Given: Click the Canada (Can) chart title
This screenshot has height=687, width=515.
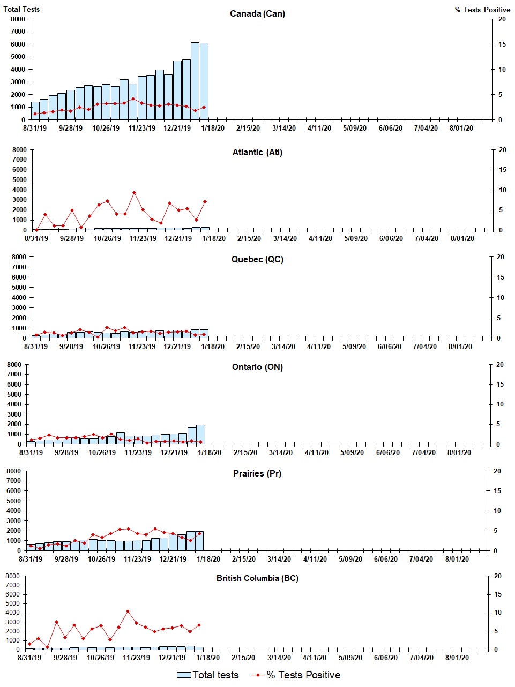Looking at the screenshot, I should pyautogui.click(x=257, y=14).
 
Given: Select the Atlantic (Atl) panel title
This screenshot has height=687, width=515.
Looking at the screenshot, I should pyautogui.click(x=257, y=153).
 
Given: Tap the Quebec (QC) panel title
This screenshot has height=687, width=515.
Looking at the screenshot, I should pyautogui.click(x=257, y=260).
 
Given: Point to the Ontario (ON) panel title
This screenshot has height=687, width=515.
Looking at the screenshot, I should pyautogui.click(x=257, y=367).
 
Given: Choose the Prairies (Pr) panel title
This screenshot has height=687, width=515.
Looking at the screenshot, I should pyautogui.click(x=257, y=474).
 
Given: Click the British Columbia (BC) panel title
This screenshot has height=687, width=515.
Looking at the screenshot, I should pyautogui.click(x=257, y=578).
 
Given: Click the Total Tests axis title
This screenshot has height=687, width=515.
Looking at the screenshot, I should pyautogui.click(x=21, y=9).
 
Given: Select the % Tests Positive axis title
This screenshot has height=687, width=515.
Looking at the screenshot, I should pyautogui.click(x=482, y=10).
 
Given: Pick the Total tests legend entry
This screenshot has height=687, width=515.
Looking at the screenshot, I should pyautogui.click(x=208, y=675).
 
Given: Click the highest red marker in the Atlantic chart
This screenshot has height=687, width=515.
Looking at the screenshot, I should pyautogui.click(x=134, y=192).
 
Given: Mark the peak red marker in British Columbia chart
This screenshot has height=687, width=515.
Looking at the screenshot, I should pyautogui.click(x=128, y=611).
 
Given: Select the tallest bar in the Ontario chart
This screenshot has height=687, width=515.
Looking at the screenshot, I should pyautogui.click(x=200, y=434).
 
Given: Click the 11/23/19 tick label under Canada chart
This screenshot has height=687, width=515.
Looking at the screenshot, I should pyautogui.click(x=141, y=129).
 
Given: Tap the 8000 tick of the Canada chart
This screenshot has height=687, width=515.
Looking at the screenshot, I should pyautogui.click(x=18, y=19).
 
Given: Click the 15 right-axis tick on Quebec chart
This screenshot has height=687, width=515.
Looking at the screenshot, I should pyautogui.click(x=501, y=277).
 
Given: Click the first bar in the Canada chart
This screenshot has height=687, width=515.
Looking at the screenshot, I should pyautogui.click(x=35, y=110).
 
